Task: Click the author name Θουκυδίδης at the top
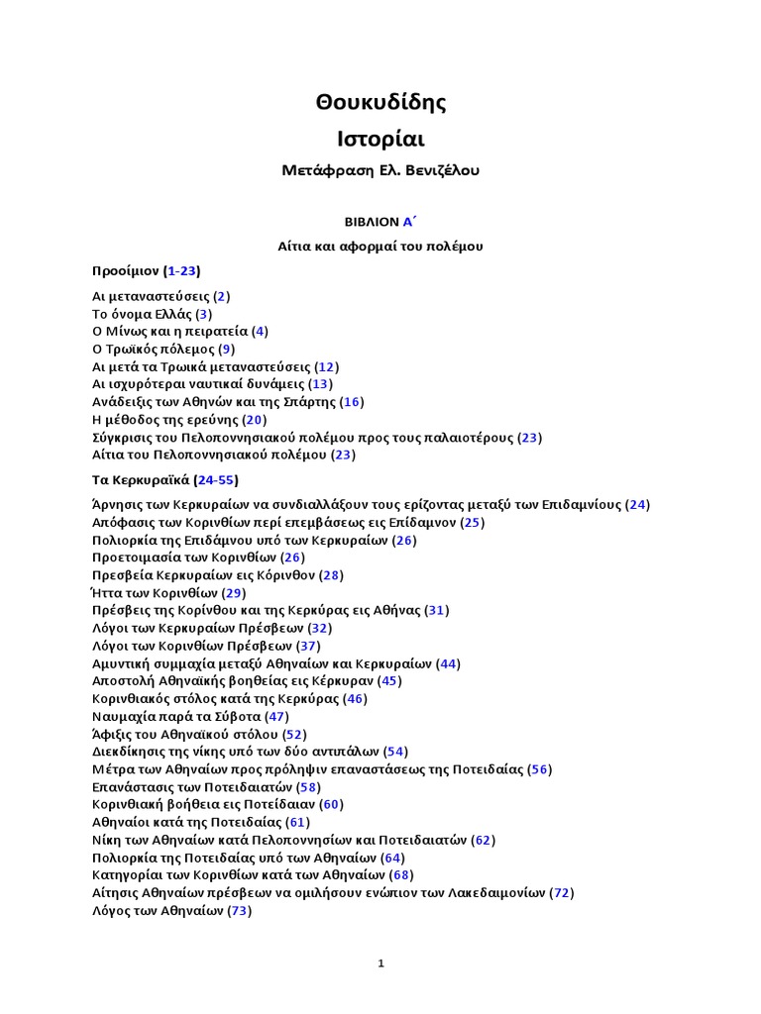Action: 380,102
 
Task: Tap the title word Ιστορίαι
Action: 380,138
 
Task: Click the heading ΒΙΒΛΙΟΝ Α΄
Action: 380,223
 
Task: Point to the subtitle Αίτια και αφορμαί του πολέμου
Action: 380,246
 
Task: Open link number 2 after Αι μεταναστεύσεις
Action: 223,296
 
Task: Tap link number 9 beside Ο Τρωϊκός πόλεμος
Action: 227,349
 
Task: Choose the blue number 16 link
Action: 352,402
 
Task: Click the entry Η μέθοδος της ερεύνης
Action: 163,420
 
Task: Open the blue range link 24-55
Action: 215,479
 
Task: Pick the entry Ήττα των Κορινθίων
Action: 154,593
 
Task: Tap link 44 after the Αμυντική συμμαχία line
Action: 448,663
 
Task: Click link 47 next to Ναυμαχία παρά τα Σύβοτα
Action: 276,716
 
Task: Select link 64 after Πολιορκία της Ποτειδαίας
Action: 393,858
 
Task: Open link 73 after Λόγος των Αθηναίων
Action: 239,910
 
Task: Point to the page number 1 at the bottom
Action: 380,963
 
